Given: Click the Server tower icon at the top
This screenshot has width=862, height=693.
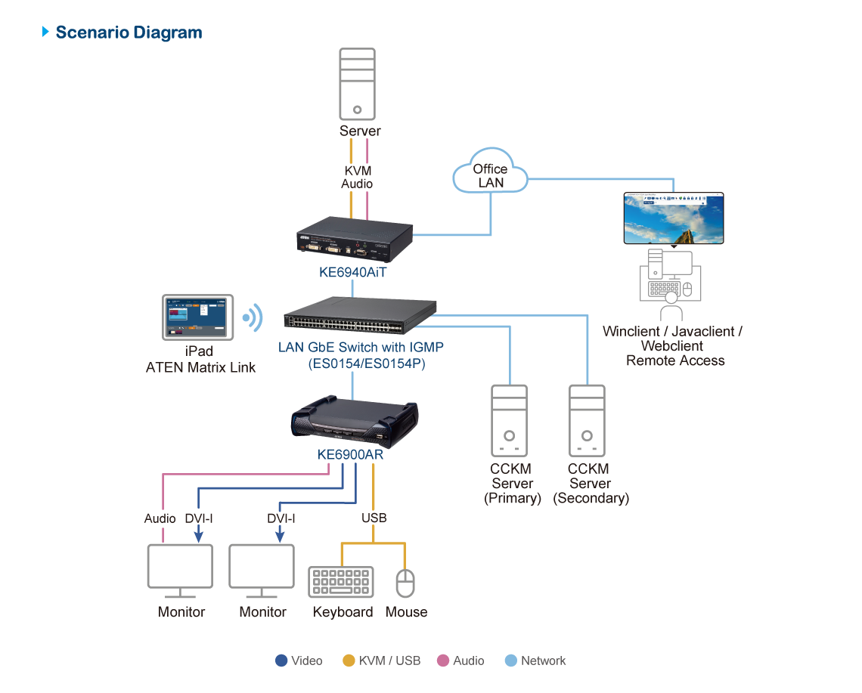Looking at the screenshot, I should (358, 84).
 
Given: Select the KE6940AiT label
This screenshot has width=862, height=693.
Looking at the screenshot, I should (352, 273).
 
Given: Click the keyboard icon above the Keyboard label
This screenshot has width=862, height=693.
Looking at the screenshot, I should (340, 583).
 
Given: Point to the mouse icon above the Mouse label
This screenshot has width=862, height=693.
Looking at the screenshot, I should (406, 584).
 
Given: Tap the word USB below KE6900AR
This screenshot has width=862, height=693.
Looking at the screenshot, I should (374, 518).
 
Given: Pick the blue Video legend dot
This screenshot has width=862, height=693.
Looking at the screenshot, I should (282, 661).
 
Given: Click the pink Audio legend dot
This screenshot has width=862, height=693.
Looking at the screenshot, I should (444, 661).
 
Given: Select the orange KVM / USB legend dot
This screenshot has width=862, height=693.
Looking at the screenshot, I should (349, 661).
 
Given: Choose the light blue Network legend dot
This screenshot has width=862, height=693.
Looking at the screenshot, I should (511, 661).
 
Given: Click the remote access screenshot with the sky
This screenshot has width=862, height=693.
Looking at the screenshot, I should (673, 218).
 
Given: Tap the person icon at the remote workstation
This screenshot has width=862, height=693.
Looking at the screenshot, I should (670, 307).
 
